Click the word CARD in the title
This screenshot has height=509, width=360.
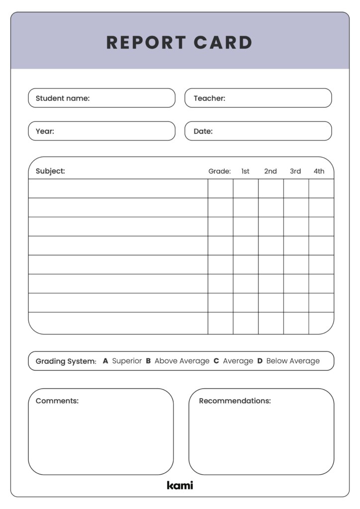[223, 43]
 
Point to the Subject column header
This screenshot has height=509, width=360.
[50, 171]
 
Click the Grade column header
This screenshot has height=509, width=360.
[219, 171]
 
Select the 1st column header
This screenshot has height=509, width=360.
[246, 171]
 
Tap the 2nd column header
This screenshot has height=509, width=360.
[270, 171]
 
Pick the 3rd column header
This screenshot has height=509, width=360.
[295, 171]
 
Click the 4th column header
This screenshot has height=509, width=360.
[319, 171]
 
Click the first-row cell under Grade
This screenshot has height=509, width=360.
[220, 188]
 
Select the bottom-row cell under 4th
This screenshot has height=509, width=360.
[321, 323]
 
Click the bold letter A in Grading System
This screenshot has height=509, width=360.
[105, 361]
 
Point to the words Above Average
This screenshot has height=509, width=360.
[181, 361]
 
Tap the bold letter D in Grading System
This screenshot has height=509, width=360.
[260, 361]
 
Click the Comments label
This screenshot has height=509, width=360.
[57, 401]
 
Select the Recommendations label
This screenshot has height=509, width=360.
[235, 401]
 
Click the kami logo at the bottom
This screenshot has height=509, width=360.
[180, 485]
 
